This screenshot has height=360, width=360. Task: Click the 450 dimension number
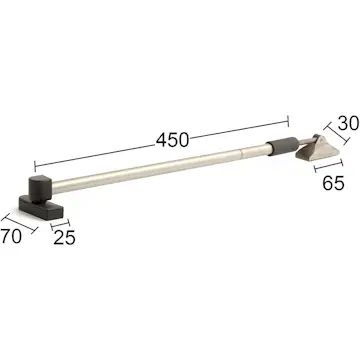(x=172, y=140)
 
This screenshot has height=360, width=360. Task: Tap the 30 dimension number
(x=348, y=123)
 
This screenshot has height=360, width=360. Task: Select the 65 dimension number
(x=333, y=183)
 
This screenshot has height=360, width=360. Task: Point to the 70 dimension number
(x=11, y=237)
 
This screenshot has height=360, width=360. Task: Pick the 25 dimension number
(x=64, y=238)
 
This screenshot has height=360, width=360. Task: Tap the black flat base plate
(x=41, y=207)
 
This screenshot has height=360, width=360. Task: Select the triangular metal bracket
(x=318, y=149)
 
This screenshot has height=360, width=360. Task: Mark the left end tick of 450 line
(x=35, y=166)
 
